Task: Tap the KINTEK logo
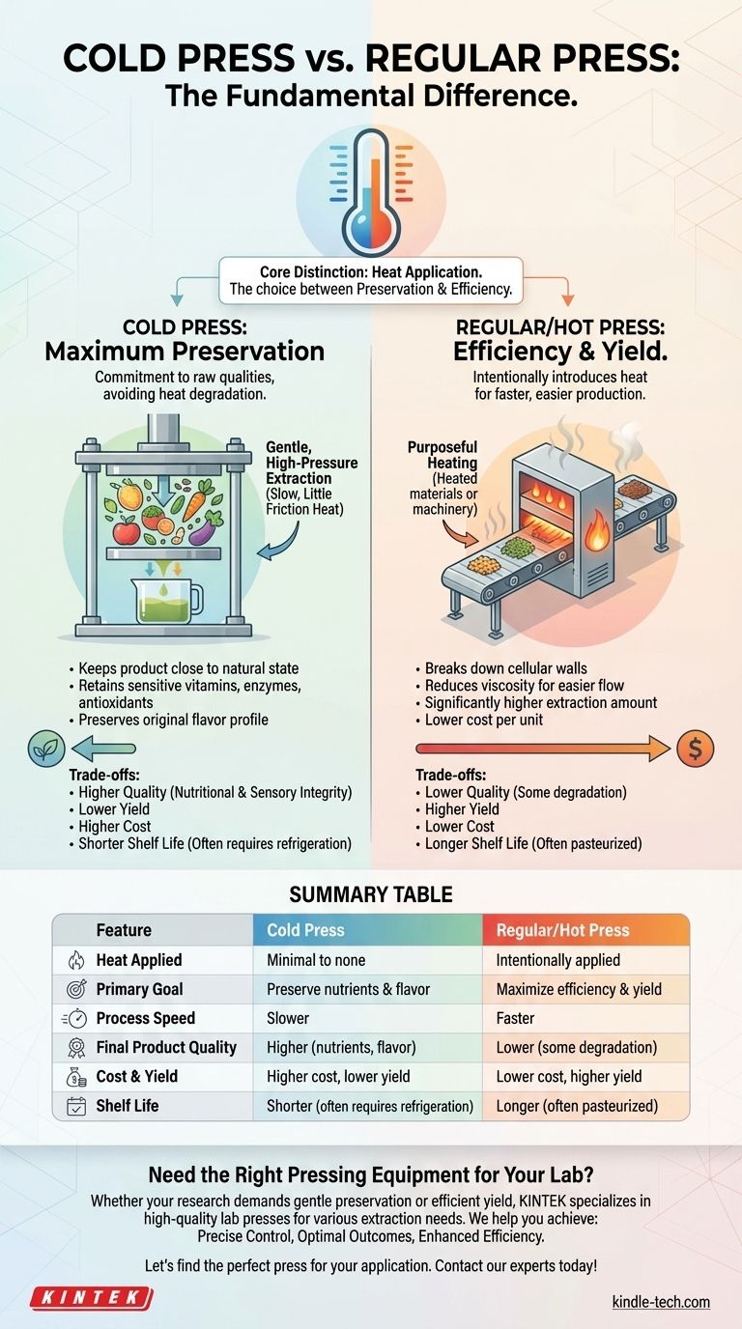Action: [x=92, y=1298]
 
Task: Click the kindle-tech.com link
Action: [x=661, y=1302]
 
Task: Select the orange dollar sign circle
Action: [x=695, y=749]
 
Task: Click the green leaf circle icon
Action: [x=46, y=749]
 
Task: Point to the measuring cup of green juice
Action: [x=166, y=601]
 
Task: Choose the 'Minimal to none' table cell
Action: [x=316, y=960]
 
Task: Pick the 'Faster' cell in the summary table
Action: [x=515, y=1018]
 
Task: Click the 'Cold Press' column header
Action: [x=305, y=930]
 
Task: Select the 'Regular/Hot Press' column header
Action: [x=562, y=930]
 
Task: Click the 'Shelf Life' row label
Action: [x=127, y=1105]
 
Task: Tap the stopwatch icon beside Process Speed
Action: [x=75, y=1019]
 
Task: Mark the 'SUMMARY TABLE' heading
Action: [x=371, y=894]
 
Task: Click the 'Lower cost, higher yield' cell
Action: [x=569, y=1076]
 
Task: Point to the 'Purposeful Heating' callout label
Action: [x=442, y=455]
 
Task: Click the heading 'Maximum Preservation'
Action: [x=185, y=352]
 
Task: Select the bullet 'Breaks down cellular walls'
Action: [x=505, y=668]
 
